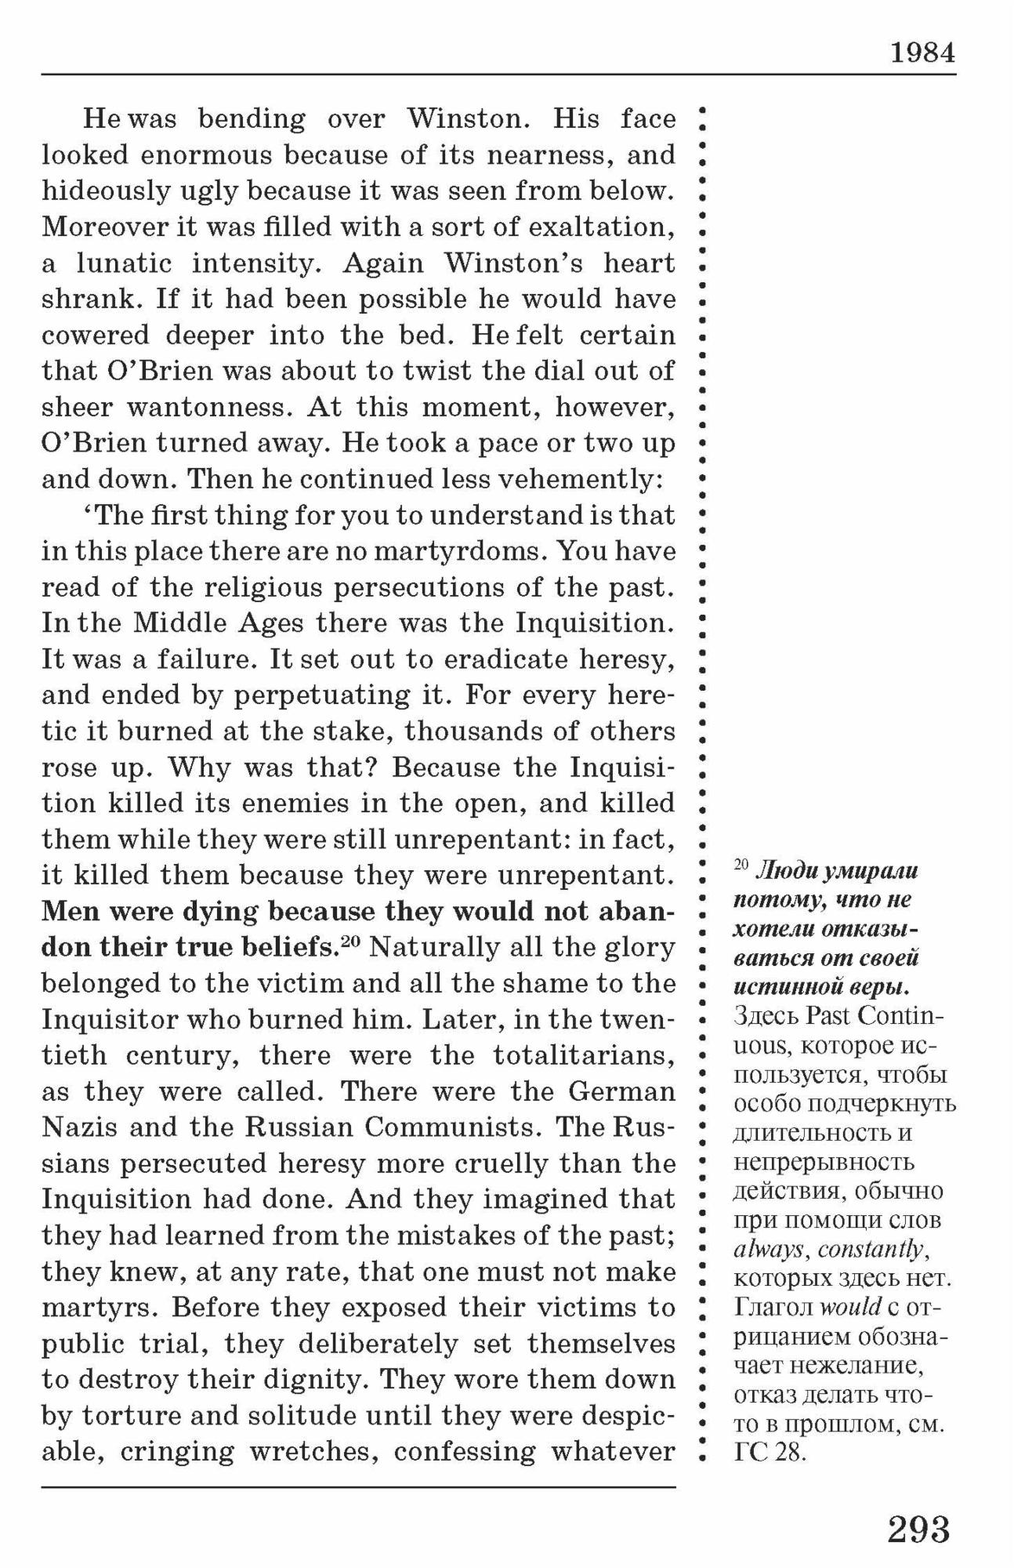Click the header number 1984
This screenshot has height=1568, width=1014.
[x=923, y=53]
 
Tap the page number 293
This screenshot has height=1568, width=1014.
[x=918, y=1528]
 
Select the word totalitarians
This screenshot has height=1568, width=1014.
[x=584, y=1055]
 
